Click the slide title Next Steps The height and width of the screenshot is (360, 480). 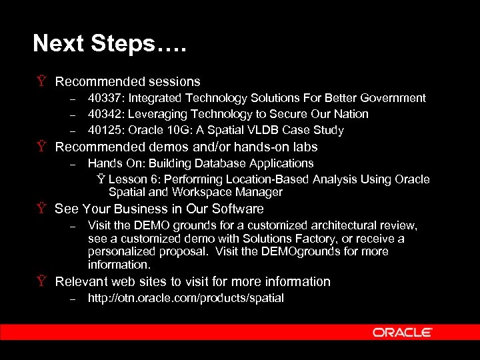tap(109, 44)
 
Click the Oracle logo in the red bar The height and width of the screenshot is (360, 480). tap(402, 332)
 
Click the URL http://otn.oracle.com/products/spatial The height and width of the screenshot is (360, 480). tap(186, 298)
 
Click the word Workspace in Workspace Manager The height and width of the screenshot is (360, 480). tap(195, 192)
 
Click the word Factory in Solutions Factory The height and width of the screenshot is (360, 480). tap(326, 238)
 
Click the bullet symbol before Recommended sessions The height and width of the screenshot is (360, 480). tap(42, 82)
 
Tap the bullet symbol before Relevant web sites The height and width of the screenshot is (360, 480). tap(42, 282)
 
